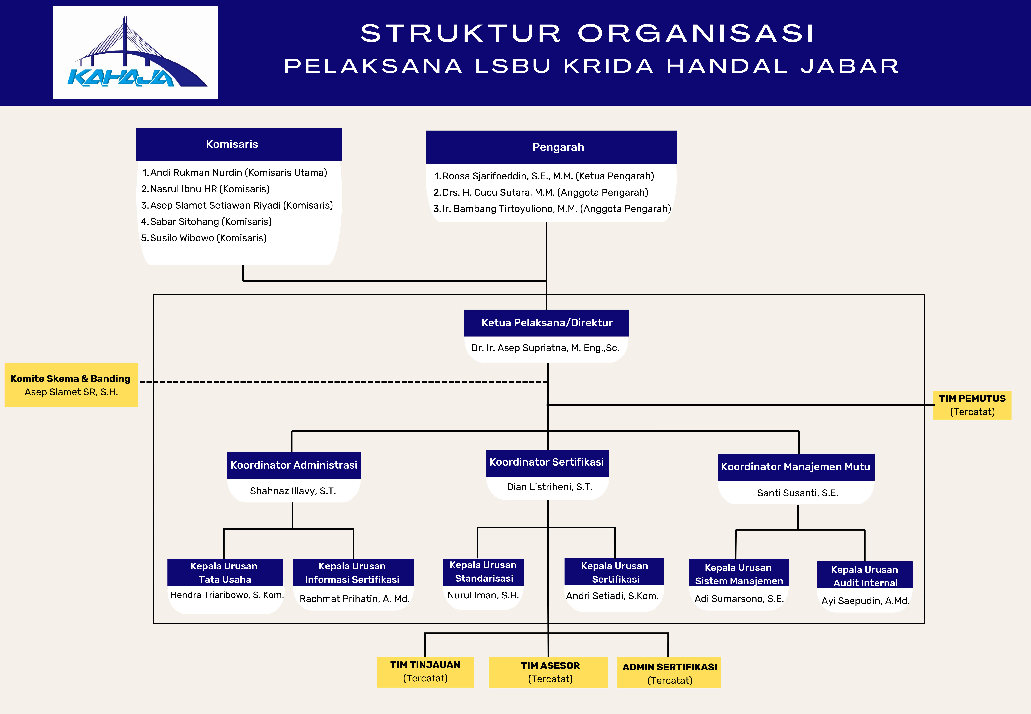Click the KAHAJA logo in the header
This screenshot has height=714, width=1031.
pos(135,52)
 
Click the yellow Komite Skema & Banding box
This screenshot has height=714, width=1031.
pos(71,385)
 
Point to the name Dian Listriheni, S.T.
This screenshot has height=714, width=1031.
pos(549,487)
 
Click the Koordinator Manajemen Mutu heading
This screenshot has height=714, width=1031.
pos(795,467)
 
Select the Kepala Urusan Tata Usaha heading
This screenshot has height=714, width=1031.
pos(225,573)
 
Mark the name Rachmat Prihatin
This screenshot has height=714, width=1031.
pos(354,599)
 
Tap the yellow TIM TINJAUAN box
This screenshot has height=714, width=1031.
pos(425,672)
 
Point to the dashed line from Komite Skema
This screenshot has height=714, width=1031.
pos(340,382)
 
